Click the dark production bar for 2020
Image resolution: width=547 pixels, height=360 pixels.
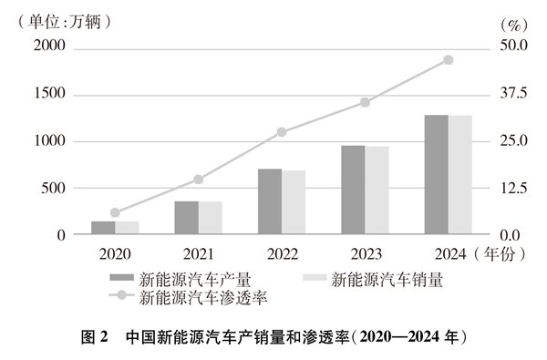tap(103, 228)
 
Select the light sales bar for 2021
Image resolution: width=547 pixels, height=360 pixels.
tap(211, 218)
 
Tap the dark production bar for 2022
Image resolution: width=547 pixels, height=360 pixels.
tap(270, 201)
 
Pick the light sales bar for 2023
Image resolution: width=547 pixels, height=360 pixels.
tap(377, 190)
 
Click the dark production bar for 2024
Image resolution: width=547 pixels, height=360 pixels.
tap(437, 175)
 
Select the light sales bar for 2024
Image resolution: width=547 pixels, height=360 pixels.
tap(460, 175)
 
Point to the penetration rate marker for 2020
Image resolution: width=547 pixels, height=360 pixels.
tap(115, 212)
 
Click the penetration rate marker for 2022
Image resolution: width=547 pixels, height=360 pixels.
tap(282, 132)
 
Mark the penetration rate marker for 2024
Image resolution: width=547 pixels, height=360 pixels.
tap(449, 60)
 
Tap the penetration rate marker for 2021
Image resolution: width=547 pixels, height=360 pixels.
tap(199, 180)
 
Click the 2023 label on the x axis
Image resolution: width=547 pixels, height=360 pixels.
tap(365, 252)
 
